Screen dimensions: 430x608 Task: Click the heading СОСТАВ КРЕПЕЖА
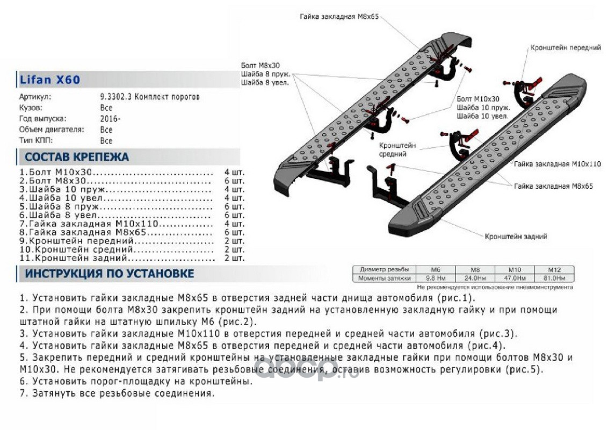77,157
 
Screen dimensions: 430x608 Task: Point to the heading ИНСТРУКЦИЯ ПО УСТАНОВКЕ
110,274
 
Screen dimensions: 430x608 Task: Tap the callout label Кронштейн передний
565,48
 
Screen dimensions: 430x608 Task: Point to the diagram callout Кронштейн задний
516,236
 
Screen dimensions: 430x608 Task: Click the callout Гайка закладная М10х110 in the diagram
557,163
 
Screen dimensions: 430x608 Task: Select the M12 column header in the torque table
554,269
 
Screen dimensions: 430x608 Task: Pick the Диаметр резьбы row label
384,269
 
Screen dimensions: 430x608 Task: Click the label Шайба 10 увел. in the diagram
482,116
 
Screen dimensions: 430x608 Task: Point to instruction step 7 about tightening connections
117,393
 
